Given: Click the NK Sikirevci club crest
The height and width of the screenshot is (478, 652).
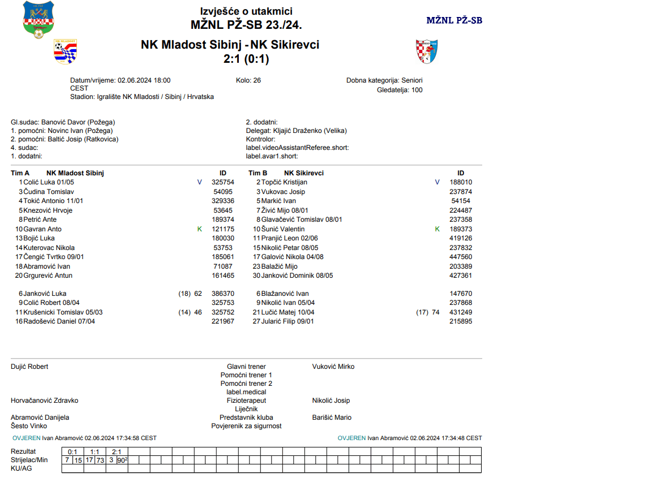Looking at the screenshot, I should pos(427,51).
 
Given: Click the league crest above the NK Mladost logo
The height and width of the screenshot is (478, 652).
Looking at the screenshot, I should pos(38,20).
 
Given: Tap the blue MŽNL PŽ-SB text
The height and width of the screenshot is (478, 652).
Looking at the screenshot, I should pos(454,20).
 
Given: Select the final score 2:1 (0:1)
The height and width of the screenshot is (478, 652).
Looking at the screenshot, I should pos(246,58).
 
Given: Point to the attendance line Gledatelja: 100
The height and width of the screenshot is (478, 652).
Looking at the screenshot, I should pos(400,90).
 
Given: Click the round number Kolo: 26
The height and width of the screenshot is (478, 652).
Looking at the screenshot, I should pos(248,80).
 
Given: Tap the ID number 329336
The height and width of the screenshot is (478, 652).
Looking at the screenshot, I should pos(223,201).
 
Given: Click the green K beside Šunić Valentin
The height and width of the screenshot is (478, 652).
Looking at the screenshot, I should pos(437,229).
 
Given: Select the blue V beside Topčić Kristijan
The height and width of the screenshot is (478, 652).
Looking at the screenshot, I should pos(437,182).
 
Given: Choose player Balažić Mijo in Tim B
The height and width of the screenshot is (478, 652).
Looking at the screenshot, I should pos(279,266).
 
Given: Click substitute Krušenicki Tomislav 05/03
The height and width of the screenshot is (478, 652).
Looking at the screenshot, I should pos(63,312).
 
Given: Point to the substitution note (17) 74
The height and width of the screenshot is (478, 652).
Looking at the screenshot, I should pos(428,312).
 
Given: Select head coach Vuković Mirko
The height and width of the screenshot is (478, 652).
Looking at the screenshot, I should pos(333,367).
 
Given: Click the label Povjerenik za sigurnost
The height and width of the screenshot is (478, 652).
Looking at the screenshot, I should pos(246,426).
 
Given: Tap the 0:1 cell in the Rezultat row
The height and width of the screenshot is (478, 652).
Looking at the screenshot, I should pos(72,452).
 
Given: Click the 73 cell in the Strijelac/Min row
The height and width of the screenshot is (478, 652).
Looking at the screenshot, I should pos(100,460).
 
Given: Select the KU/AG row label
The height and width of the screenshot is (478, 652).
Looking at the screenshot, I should pos(22,468).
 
